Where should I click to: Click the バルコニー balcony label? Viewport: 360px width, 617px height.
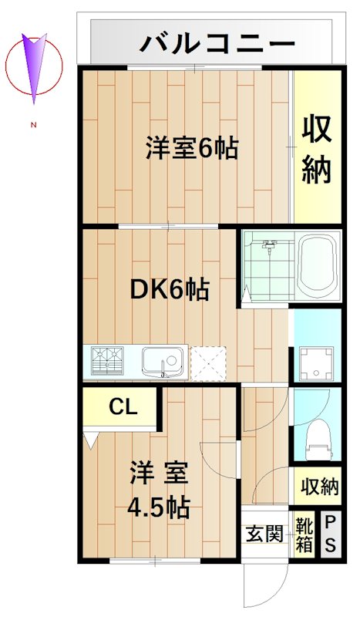pos(217,42)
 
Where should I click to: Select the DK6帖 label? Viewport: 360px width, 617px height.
pos(169,289)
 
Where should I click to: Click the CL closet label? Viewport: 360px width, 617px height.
pos(123,406)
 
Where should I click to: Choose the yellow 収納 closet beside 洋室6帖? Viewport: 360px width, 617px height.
pos(316,150)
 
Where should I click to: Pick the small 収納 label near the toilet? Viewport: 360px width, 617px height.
pos(319,487)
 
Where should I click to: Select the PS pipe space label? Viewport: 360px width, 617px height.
pos(330,534)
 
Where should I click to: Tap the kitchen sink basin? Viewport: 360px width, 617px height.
pos(162,360)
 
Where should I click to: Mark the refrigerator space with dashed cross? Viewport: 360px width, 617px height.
pos(208,361)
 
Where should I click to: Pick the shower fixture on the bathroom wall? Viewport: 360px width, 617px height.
pos(269,249)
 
